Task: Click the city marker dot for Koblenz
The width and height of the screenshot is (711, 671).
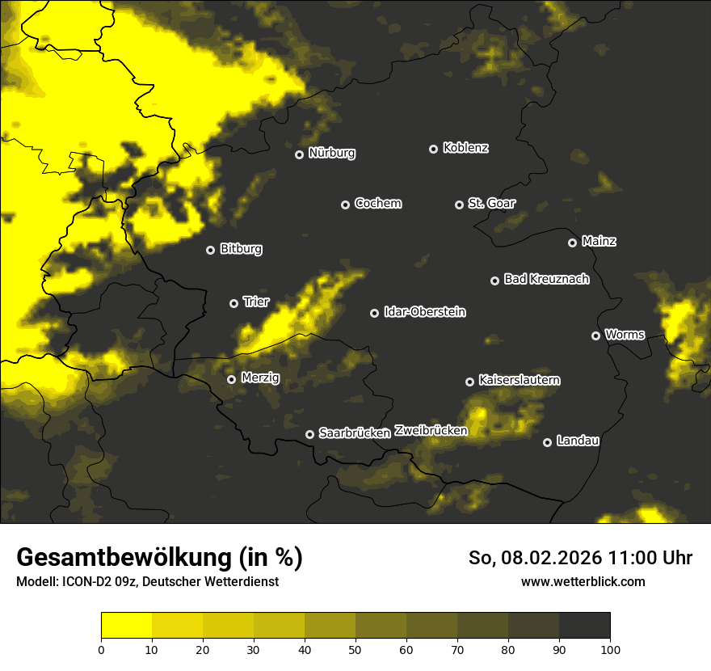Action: pos(433,149)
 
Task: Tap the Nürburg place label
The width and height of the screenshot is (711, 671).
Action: pos(331,153)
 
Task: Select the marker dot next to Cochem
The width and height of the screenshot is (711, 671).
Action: pos(345,205)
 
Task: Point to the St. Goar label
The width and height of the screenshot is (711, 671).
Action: pos(491,204)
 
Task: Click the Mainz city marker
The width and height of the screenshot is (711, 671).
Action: pos(572,243)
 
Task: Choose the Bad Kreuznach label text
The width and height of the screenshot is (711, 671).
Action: pos(546,280)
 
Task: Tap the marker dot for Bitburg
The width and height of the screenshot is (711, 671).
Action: pos(211,251)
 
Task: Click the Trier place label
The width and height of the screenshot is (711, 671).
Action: pos(256,302)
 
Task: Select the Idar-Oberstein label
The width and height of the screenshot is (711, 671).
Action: pos(424,312)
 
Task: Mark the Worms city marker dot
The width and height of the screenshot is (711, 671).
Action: pos(595,335)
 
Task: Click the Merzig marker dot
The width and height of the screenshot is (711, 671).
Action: pos(231,379)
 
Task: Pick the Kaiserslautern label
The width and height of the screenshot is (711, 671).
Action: pos(519,380)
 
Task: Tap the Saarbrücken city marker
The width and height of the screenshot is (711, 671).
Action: pos(309,434)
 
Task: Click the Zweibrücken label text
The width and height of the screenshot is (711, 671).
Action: pos(431,431)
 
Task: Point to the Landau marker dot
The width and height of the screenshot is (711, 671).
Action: pos(547,442)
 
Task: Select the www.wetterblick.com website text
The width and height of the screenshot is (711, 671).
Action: pos(583,581)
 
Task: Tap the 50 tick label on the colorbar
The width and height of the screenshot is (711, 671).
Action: pos(355,648)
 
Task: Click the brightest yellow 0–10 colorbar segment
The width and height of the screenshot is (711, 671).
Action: pos(126,625)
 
